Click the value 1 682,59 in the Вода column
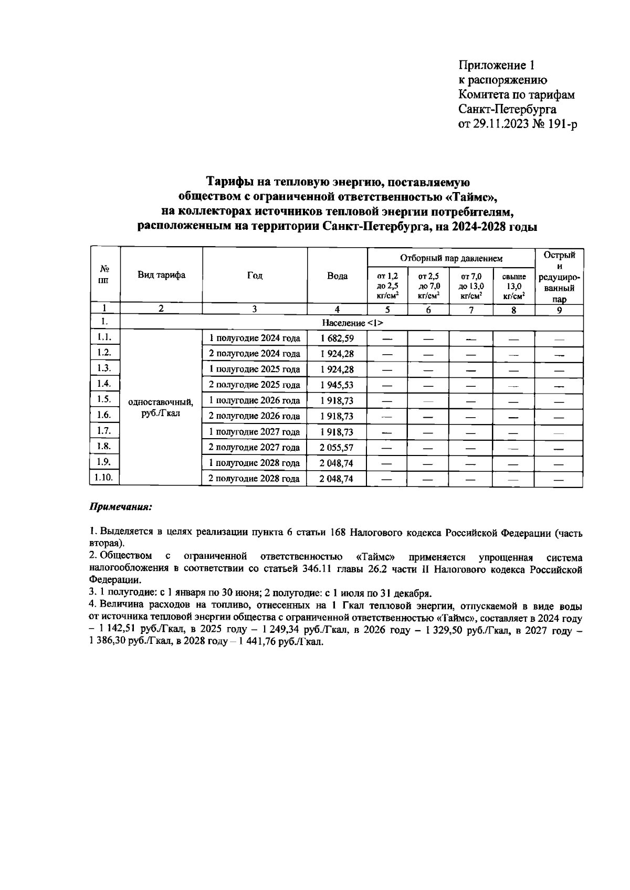(337, 338)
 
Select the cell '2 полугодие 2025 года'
(255, 385)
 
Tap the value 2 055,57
(337, 448)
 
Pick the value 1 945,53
(337, 385)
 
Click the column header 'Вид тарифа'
(161, 276)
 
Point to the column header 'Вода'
(337, 276)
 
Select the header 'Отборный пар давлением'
(451, 258)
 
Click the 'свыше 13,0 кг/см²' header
(513, 285)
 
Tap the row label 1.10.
(105, 477)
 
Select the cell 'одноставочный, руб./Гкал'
(161, 408)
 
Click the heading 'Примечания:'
(121, 507)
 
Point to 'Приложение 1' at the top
(496, 66)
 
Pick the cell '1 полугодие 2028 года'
(255, 463)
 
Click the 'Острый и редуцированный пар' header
(559, 277)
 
